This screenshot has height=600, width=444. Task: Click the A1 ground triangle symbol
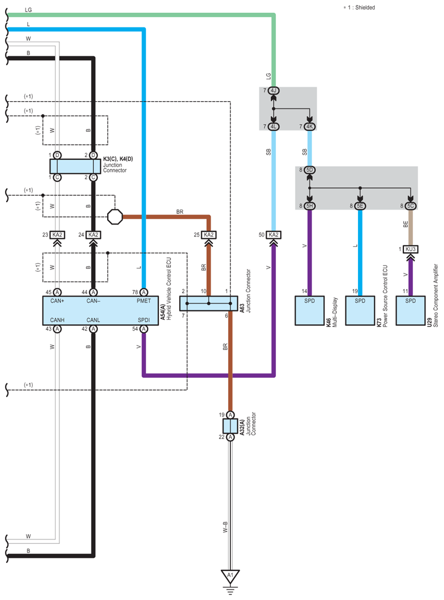[x=230, y=576]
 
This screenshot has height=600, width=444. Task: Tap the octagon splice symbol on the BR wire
[x=115, y=217]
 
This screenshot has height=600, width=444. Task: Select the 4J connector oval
[x=274, y=91]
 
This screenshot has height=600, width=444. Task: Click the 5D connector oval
[x=309, y=170]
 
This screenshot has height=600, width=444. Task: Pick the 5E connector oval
[x=360, y=206]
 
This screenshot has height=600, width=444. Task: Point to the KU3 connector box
[x=410, y=249]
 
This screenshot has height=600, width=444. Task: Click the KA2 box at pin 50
[x=274, y=234]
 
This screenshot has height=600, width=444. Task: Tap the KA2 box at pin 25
[x=209, y=234]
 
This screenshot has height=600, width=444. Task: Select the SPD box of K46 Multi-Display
[x=309, y=311]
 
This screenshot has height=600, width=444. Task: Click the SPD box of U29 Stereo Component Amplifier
[x=410, y=311]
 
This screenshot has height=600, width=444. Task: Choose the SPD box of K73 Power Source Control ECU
[x=360, y=311]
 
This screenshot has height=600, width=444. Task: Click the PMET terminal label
[x=144, y=301]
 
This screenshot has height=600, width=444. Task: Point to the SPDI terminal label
[x=144, y=320]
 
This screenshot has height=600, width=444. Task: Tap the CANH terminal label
[x=57, y=320]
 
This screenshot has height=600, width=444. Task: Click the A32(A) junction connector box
[x=230, y=426]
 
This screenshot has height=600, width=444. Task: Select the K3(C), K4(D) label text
[x=118, y=159]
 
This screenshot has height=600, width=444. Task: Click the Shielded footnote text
[x=365, y=7]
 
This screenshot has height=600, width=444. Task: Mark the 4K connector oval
[x=309, y=127]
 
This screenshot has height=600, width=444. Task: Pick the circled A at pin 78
[x=144, y=292]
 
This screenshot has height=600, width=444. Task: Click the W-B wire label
[x=225, y=527]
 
